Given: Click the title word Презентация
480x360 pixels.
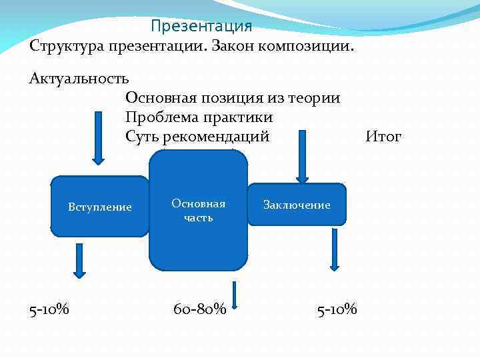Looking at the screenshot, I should [x=201, y=26].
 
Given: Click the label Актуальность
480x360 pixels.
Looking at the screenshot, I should [x=79, y=79].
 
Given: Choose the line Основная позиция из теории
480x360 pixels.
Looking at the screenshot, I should [x=232, y=98].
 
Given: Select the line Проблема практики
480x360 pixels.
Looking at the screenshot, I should [x=199, y=117].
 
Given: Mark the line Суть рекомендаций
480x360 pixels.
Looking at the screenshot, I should [x=197, y=137].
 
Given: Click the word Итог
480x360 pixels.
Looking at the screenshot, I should [x=383, y=137].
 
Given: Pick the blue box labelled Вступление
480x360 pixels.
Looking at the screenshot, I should [x=99, y=207].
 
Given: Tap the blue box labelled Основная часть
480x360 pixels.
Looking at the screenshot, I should [x=198, y=211].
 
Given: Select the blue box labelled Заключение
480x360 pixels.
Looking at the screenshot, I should [x=297, y=205].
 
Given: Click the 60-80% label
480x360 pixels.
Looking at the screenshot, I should [x=199, y=309].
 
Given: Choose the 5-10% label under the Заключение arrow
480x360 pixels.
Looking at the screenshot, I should [x=337, y=309].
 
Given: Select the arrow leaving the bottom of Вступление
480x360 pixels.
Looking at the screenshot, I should [x=79, y=260].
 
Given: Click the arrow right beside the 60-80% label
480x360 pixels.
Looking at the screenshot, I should [x=235, y=296].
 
